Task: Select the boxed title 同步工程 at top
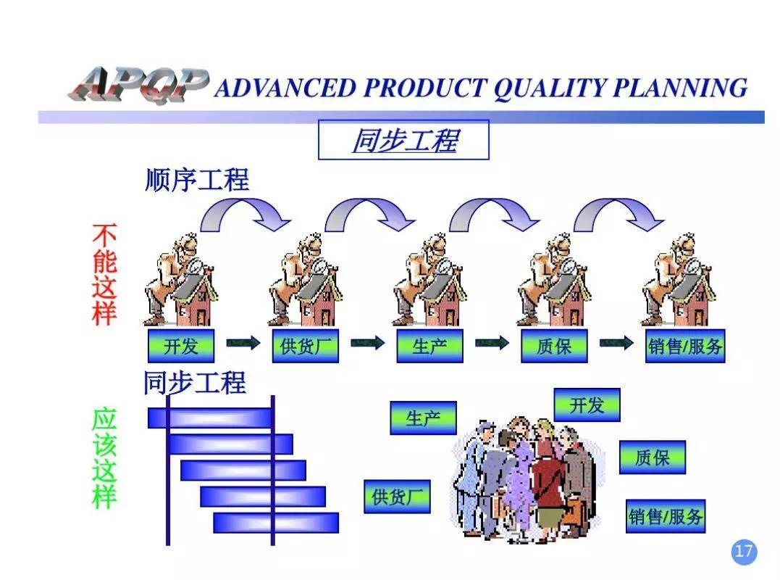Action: point(403,140)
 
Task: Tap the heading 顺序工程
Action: point(197,180)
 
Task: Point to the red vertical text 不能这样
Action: point(104,274)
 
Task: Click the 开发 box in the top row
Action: point(181,347)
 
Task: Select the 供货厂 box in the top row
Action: point(306,347)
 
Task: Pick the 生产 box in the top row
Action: point(429,347)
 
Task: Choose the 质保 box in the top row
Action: point(554,347)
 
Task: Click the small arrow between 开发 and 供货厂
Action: point(243,344)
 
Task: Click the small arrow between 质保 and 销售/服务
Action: point(616,344)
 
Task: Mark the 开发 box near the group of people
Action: point(587,405)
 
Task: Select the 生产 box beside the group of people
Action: point(423,418)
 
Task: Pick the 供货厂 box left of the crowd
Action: point(397,497)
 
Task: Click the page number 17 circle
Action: point(744,552)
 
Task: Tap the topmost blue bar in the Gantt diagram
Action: point(211,418)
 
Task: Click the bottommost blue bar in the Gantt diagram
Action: point(276,522)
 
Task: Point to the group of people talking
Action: point(525,478)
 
